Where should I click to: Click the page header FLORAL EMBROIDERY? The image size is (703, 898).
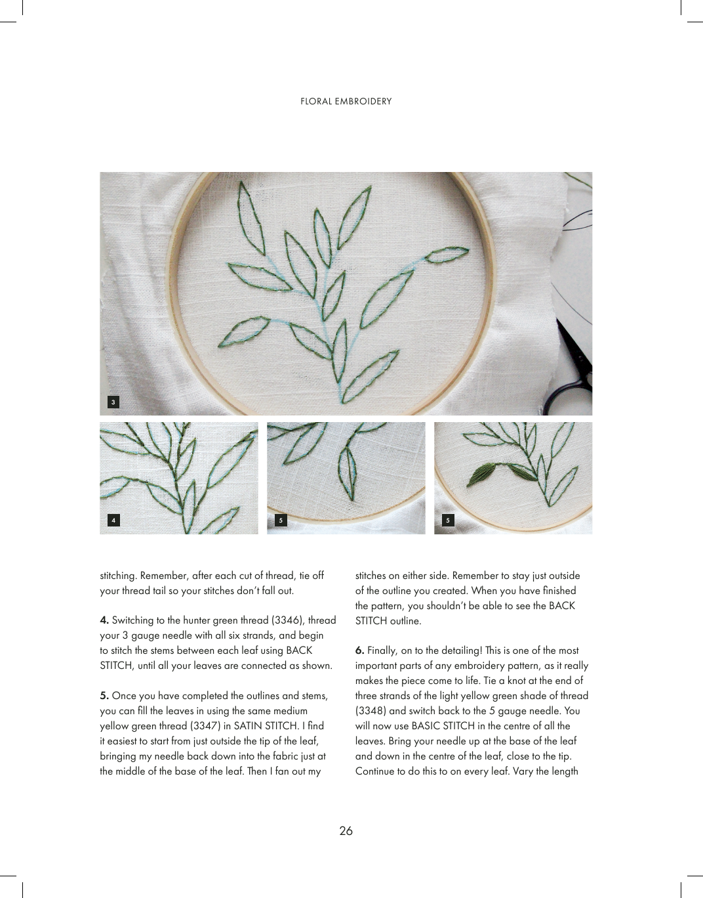tap(346, 101)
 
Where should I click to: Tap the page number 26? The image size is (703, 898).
tap(346, 830)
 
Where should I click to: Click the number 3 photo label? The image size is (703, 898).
tap(114, 402)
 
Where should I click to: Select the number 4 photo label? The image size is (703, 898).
tap(114, 520)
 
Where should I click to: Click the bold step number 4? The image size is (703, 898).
tap(104, 620)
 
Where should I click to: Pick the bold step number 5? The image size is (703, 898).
tap(104, 696)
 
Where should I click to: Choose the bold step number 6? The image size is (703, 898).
tap(359, 651)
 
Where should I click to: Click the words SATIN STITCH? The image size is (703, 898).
tap(266, 725)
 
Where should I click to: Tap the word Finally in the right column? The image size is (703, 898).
tap(383, 651)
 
